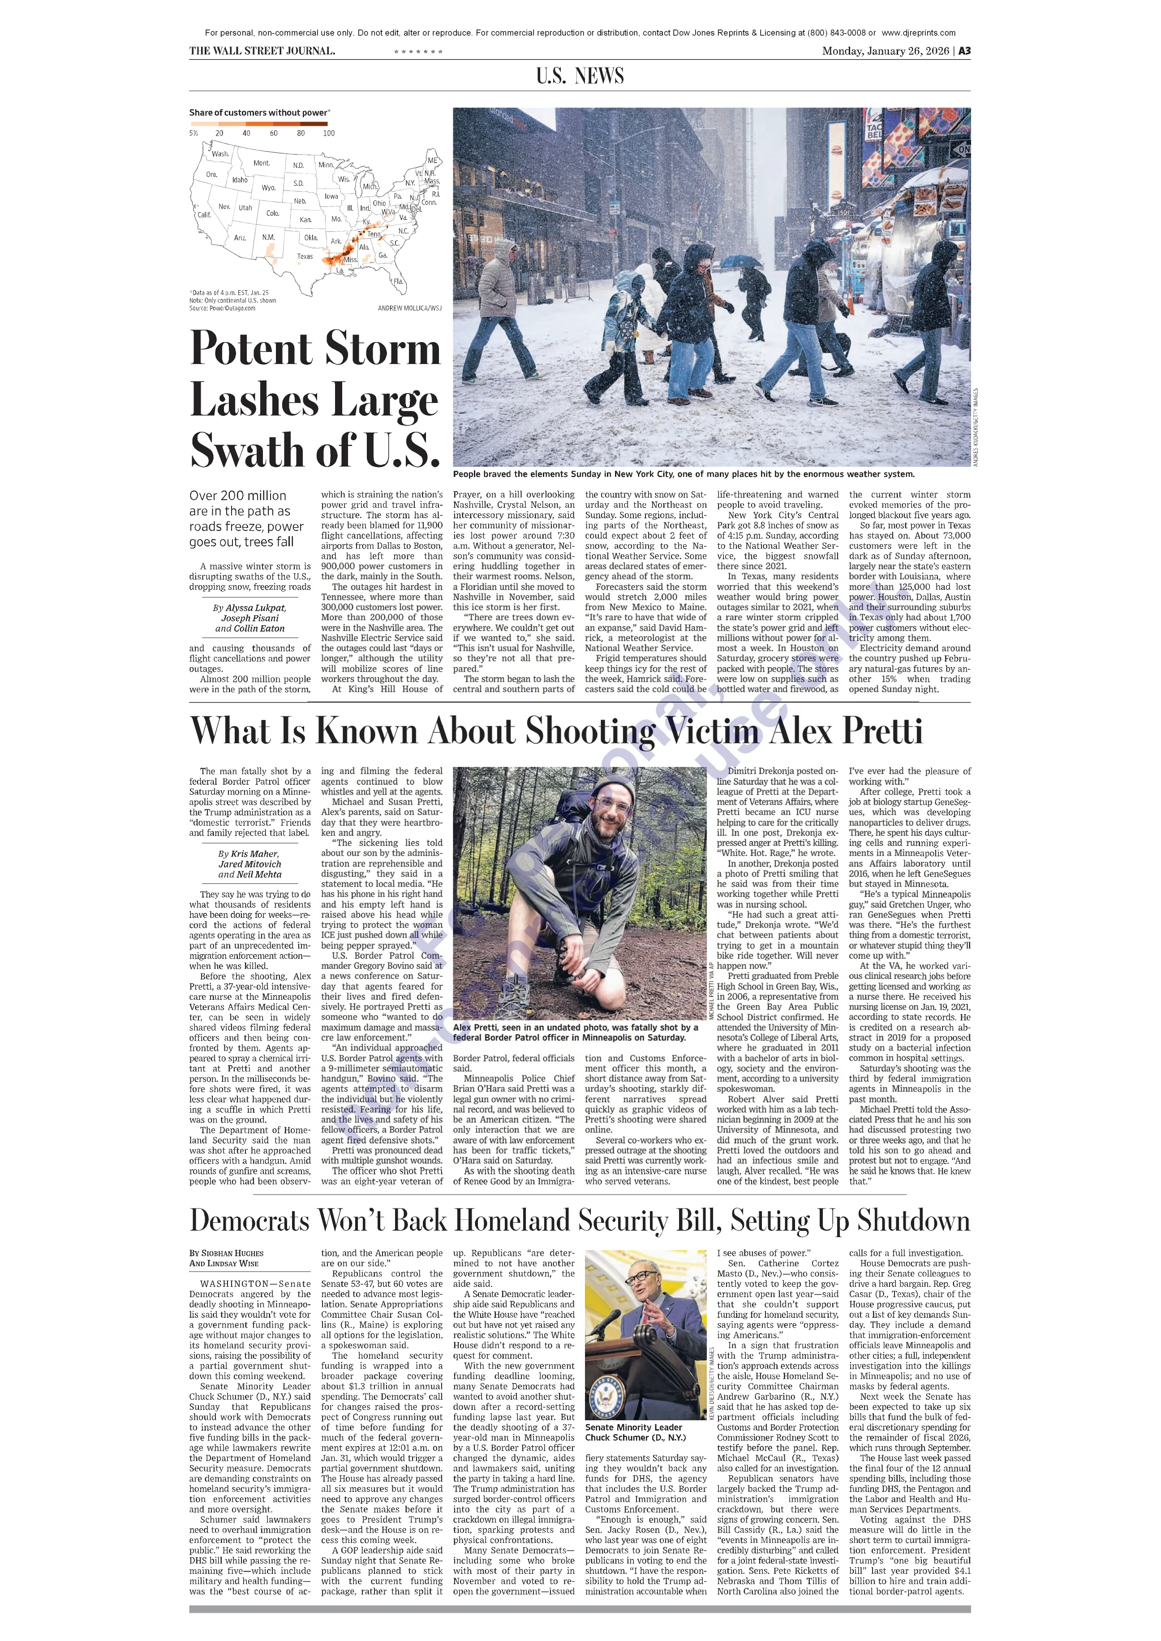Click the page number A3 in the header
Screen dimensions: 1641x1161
(964, 51)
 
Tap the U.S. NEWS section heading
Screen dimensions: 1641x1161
(580, 76)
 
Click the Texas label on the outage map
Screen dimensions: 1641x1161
(305, 256)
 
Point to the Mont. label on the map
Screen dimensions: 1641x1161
(262, 163)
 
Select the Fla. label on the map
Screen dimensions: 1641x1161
(398, 282)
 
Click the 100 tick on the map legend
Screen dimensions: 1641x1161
(328, 133)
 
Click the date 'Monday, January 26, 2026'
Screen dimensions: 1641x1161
(885, 51)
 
